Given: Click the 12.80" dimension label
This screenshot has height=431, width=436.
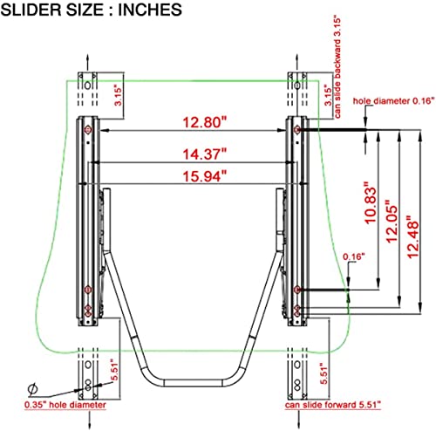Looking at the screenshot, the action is coord(204,122).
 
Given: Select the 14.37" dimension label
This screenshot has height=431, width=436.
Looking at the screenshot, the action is coord(204,154).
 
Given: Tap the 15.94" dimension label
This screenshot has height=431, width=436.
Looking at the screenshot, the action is coord(204,176).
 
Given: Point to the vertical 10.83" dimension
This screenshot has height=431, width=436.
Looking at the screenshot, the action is coord(370,202).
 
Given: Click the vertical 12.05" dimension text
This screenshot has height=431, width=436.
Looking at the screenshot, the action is coord(391,221).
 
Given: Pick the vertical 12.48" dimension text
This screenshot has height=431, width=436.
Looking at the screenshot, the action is coord(412,237).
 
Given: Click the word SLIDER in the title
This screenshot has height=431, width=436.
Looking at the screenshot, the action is coord(31,10).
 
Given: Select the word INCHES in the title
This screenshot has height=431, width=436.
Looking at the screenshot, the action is coord(150,10).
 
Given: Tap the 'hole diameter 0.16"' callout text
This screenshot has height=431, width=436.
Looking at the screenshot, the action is coord(394,101).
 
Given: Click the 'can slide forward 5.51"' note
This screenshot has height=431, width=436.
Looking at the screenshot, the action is coord(333,405).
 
